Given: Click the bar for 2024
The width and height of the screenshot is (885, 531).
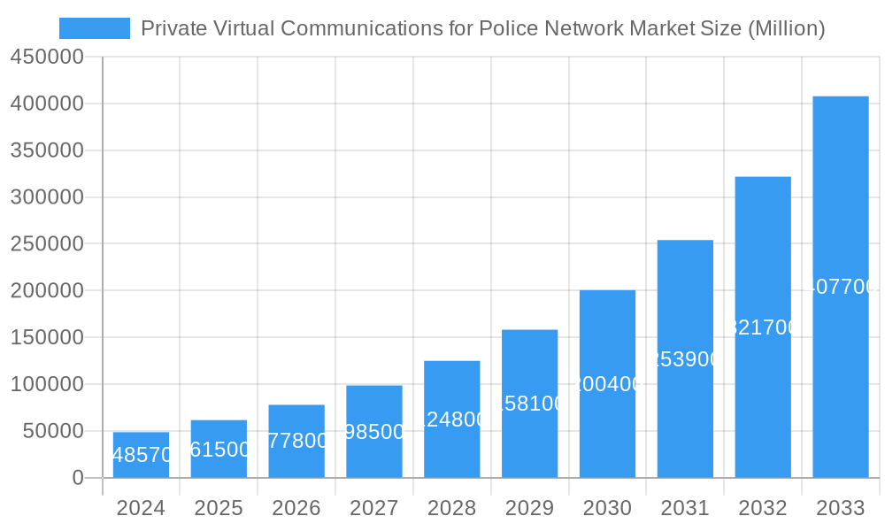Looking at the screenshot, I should pyautogui.click(x=141, y=455).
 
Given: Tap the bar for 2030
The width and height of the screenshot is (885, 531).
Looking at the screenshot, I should pyautogui.click(x=607, y=384).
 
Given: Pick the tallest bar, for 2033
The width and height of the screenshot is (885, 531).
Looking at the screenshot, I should pyautogui.click(x=840, y=287).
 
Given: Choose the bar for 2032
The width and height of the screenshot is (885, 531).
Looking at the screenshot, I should pyautogui.click(x=762, y=327).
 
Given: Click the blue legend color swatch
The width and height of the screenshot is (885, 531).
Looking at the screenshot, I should pyautogui.click(x=95, y=28).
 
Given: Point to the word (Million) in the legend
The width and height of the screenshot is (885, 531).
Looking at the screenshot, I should pyautogui.click(x=786, y=28).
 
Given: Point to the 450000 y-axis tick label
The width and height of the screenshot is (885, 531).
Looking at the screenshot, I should pyautogui.click(x=47, y=58).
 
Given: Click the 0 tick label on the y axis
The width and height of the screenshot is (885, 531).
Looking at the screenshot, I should pyautogui.click(x=77, y=478).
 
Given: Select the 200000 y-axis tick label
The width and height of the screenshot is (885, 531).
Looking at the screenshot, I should pyautogui.click(x=47, y=290).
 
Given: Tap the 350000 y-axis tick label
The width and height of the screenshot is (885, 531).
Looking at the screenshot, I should pyautogui.click(x=47, y=150).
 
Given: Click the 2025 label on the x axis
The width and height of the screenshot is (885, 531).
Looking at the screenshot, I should pyautogui.click(x=219, y=508).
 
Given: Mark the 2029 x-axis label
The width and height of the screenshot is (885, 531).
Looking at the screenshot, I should pyautogui.click(x=529, y=508).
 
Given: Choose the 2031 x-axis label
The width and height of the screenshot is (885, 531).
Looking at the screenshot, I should pyautogui.click(x=685, y=508).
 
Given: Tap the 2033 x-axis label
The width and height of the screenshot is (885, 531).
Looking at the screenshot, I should pyautogui.click(x=840, y=508).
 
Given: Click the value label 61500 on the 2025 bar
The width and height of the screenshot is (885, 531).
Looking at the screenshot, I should pyautogui.click(x=219, y=450).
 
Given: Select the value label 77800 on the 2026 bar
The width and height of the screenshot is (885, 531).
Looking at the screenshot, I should pyautogui.click(x=297, y=441).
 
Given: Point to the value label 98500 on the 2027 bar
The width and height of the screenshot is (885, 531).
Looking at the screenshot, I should pyautogui.click(x=374, y=432).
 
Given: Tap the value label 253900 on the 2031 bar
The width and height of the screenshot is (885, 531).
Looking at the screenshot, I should pyautogui.click(x=685, y=359).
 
